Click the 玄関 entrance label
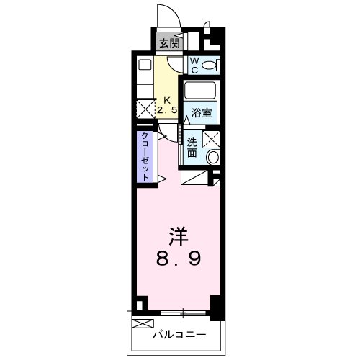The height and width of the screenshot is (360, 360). (x=170, y=42)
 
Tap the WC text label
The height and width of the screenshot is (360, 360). (x=194, y=66)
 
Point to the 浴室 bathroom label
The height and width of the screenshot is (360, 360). (x=202, y=113)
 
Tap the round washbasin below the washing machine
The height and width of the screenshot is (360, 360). (x=213, y=157)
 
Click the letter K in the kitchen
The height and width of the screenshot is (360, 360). (x=168, y=100)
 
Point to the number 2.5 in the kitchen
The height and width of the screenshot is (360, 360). (x=167, y=111)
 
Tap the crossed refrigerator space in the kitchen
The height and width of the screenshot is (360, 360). (x=145, y=110)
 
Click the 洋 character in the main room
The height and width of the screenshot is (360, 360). (x=180, y=235)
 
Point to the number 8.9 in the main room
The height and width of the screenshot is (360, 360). (x=180, y=258)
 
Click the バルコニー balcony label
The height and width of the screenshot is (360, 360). (x=180, y=334)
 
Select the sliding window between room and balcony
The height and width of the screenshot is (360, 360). (x=184, y=312)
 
